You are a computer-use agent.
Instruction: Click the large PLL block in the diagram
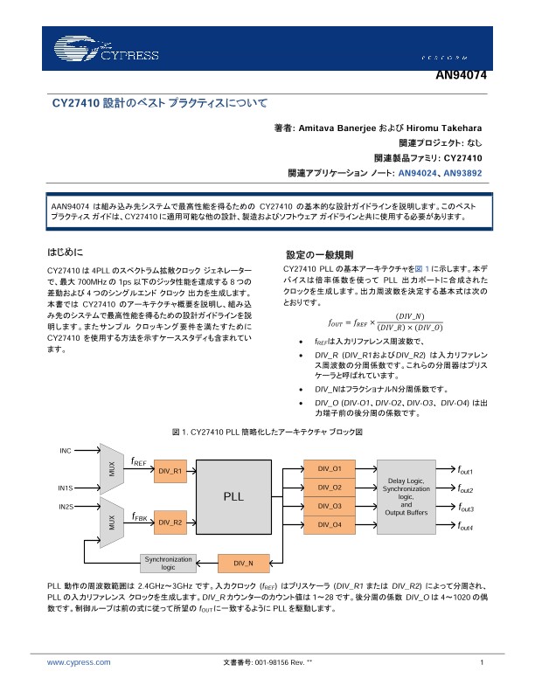pyautogui.click(x=233, y=495)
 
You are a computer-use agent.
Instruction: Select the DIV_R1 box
pyautogui.click(x=170, y=470)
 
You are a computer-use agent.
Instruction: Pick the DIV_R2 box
pyautogui.click(x=170, y=522)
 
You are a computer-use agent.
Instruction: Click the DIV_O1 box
pyautogui.click(x=330, y=468)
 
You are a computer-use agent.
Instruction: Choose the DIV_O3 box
pyautogui.click(x=330, y=506)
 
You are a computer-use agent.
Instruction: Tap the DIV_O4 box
pyautogui.click(x=330, y=524)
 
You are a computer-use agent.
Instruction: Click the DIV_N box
pyautogui.click(x=244, y=562)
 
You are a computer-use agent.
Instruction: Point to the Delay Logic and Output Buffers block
pyautogui.click(x=406, y=495)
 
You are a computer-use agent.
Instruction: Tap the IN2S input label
pyautogui.click(x=66, y=506)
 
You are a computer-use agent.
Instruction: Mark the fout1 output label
pyautogui.click(x=465, y=469)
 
